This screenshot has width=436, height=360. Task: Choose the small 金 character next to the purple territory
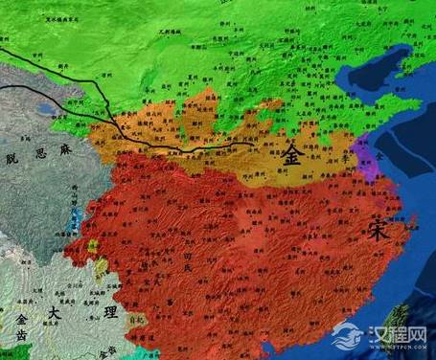[378, 154]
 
